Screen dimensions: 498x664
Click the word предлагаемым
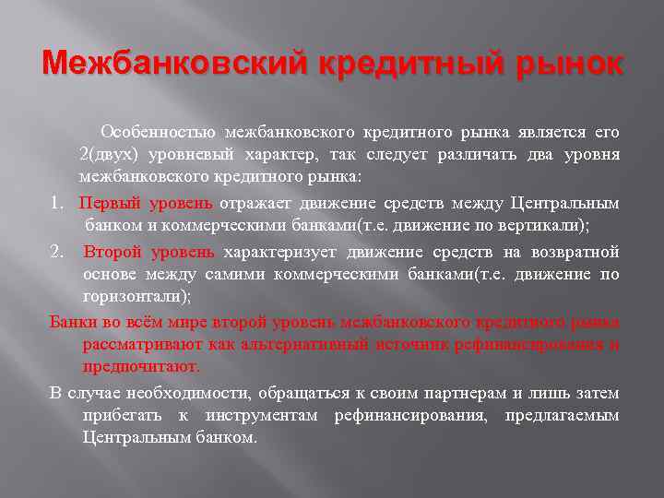pos(563,415)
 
